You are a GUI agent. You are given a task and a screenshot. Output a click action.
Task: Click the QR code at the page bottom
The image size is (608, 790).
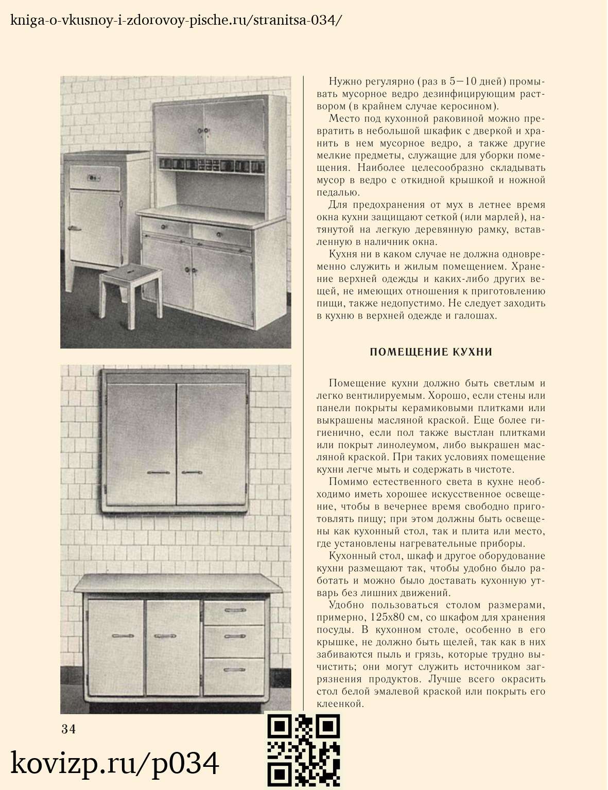[x=303, y=750]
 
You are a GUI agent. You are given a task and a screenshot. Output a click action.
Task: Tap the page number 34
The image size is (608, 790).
[x=68, y=729]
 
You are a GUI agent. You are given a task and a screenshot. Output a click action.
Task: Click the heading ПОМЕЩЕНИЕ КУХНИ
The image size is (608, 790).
[x=431, y=352]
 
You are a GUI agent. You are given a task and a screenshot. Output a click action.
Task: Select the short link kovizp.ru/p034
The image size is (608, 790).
[x=115, y=763]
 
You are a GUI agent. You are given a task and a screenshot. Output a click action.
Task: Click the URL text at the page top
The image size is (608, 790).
[x=176, y=20]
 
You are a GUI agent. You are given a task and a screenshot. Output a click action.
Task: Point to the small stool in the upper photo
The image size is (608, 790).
[x=131, y=293]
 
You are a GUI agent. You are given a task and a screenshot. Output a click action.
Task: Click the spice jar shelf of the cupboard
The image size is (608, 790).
[x=212, y=165]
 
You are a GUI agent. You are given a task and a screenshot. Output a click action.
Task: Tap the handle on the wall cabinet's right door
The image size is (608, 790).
[x=192, y=472]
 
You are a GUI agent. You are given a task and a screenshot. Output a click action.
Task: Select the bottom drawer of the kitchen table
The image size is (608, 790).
[x=234, y=672]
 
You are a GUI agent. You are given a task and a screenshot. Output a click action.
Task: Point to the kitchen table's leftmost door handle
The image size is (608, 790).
[x=122, y=636]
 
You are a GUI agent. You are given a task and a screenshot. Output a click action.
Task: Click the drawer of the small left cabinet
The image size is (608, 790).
[x=94, y=178]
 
